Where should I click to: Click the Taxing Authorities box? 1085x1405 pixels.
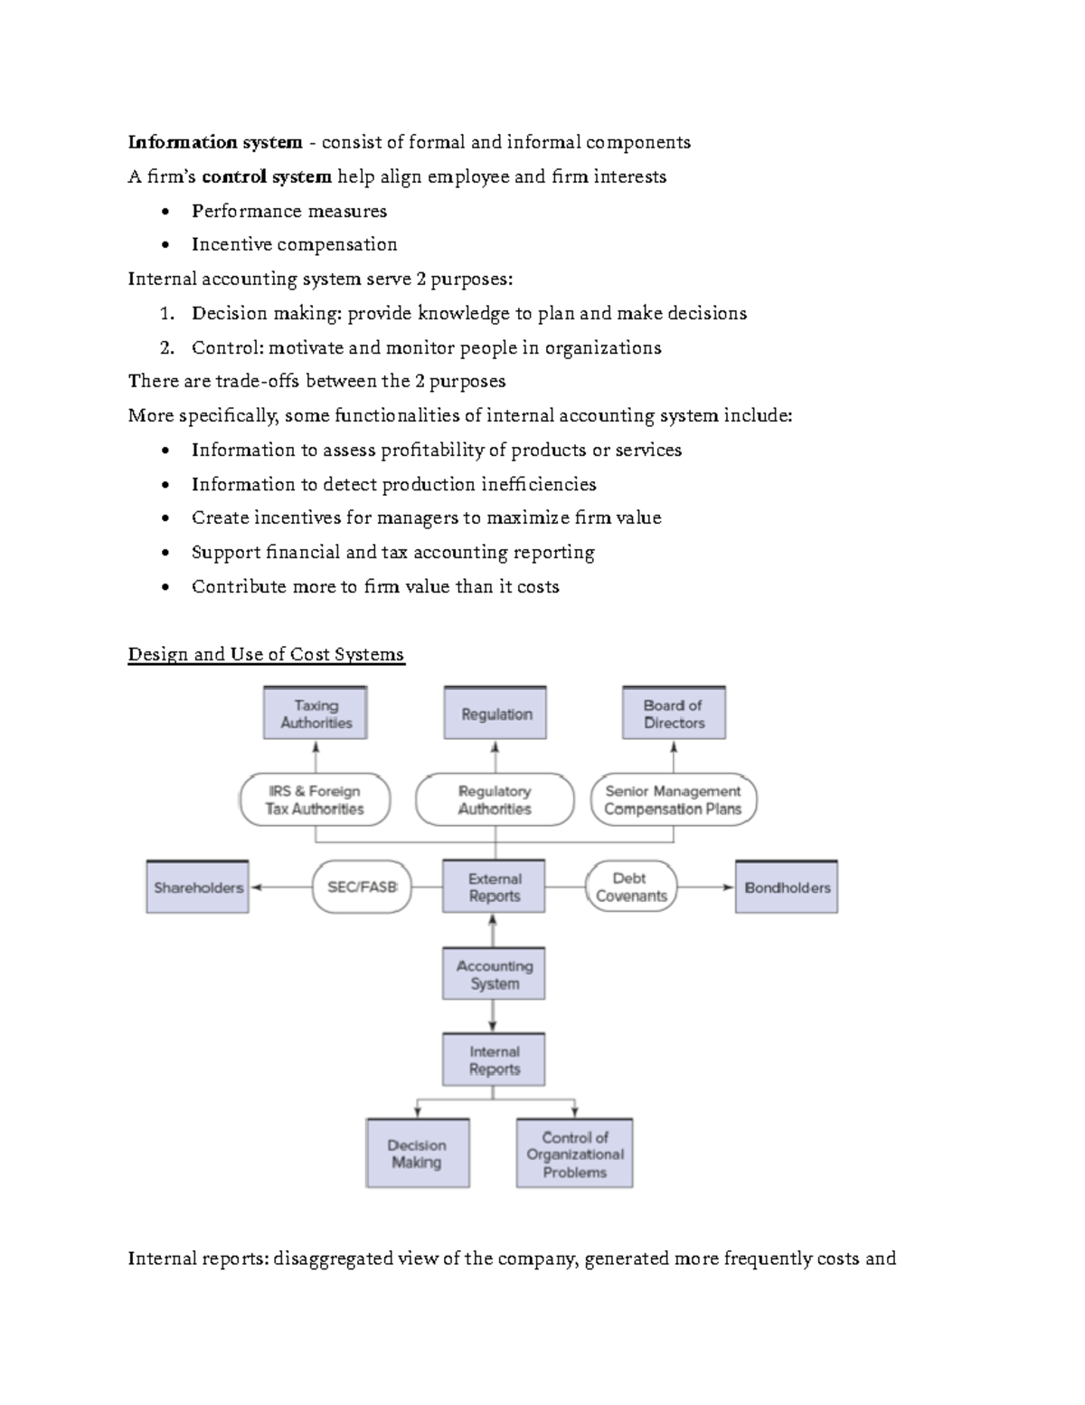(x=315, y=713)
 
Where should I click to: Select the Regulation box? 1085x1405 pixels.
(x=495, y=713)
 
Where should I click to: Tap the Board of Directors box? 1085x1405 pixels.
(x=674, y=713)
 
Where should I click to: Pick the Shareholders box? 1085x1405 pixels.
(x=197, y=887)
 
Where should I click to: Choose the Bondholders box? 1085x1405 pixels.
(x=787, y=887)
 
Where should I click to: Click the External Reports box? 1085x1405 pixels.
(x=494, y=887)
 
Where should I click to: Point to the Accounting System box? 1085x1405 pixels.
(x=494, y=973)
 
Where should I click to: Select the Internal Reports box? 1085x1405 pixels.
(x=494, y=1059)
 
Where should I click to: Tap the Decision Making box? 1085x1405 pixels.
(x=417, y=1153)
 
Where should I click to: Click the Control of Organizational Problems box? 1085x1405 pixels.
(x=574, y=1153)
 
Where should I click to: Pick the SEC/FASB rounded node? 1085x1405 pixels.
(x=361, y=887)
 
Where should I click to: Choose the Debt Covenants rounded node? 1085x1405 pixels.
(x=630, y=887)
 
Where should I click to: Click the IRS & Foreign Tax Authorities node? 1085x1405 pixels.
(x=315, y=800)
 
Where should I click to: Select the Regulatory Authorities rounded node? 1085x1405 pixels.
(x=495, y=800)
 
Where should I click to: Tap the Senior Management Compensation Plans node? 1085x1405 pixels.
(x=673, y=800)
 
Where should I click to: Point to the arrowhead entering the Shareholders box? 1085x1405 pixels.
(x=257, y=888)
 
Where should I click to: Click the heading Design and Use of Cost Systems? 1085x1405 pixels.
(x=266, y=654)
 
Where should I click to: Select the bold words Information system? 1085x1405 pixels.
(x=215, y=142)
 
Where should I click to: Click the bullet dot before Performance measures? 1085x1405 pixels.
(x=164, y=213)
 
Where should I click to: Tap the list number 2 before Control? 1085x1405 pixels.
(x=165, y=348)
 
